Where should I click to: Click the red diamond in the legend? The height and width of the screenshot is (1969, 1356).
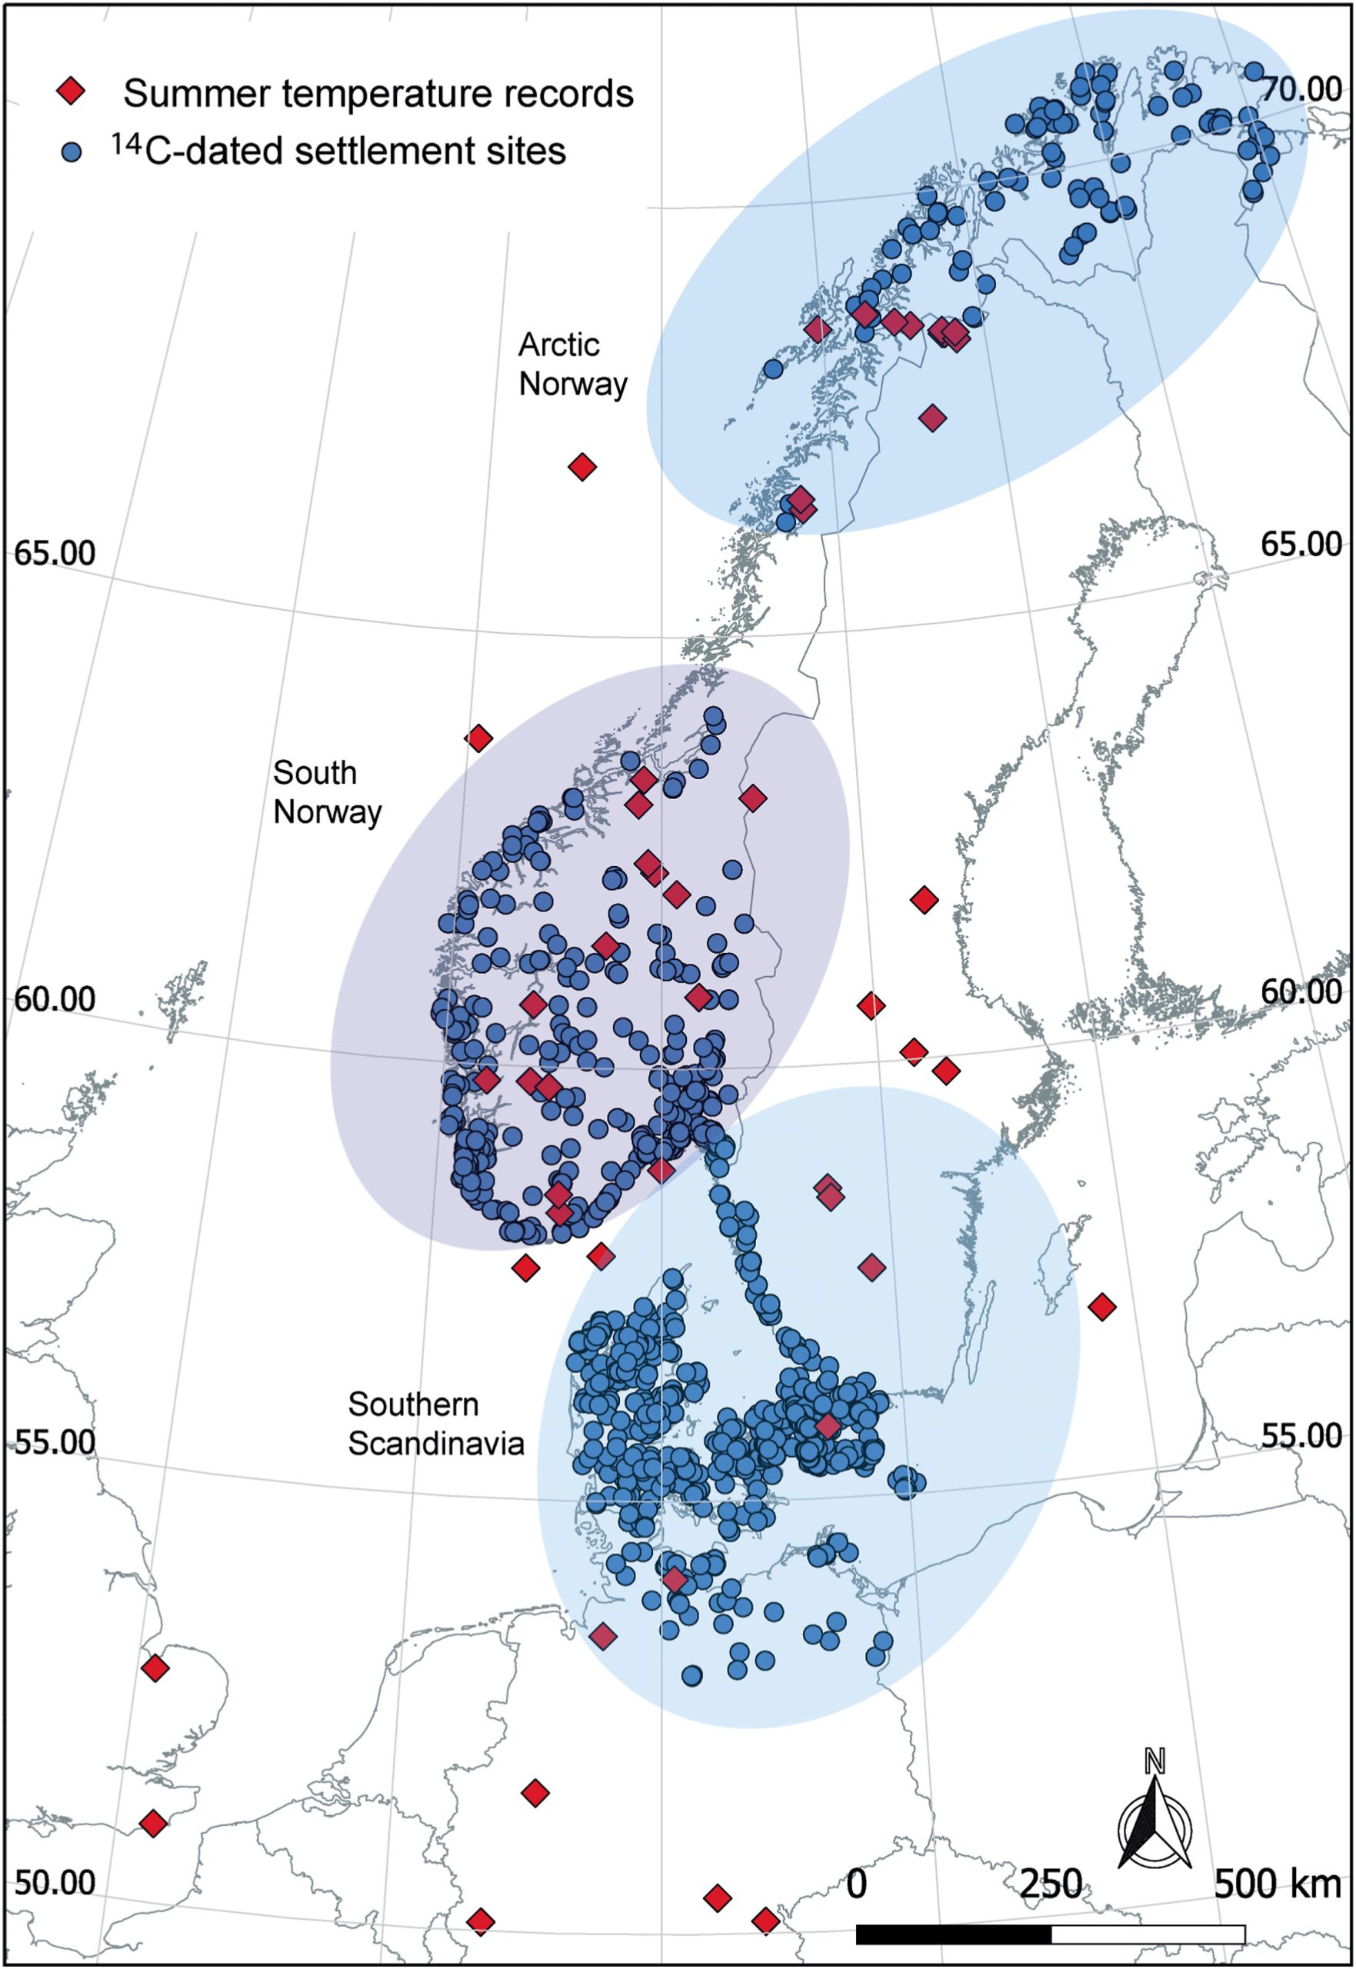click(x=72, y=91)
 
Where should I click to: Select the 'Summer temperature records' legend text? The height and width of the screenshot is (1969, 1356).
click(x=378, y=93)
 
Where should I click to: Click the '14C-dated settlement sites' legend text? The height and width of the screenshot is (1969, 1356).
click(x=338, y=150)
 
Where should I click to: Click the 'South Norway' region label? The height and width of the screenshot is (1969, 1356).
click(x=327, y=791)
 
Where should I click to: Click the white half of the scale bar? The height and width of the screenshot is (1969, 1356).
click(x=1148, y=1934)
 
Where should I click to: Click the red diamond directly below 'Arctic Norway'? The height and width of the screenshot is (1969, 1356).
click(x=582, y=466)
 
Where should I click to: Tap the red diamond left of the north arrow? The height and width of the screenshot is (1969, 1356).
click(x=765, y=1920)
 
